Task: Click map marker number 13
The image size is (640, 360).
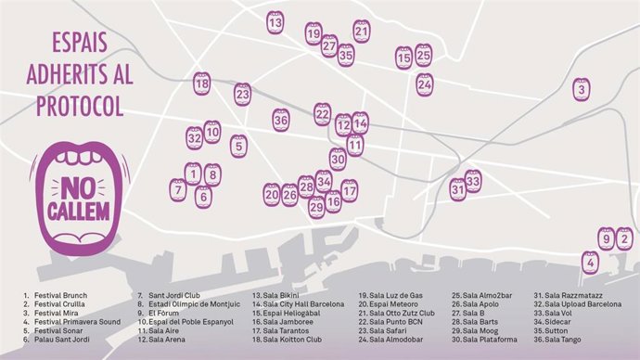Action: pos(275,21)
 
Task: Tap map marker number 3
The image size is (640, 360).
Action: pos(581,89)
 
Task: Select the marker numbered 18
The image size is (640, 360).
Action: pos(202,84)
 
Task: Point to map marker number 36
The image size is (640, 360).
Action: pos(281,119)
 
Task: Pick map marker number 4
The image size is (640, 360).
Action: pos(590,263)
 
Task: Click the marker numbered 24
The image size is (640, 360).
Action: pos(424,84)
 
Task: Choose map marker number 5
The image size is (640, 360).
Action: pos(238,146)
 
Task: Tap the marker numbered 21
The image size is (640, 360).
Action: pos(362,32)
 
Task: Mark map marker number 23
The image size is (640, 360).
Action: pos(243,94)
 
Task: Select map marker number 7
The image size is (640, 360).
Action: pos(177,189)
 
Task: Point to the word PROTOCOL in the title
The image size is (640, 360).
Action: pos(80,107)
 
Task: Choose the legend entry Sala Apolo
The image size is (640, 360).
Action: pos(480,304)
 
